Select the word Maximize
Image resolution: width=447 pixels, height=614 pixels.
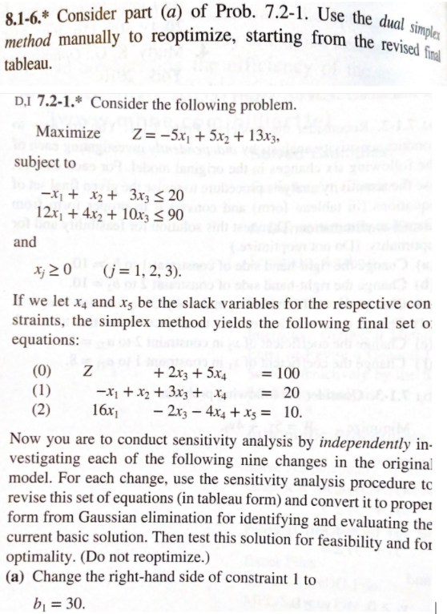(x=68, y=131)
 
